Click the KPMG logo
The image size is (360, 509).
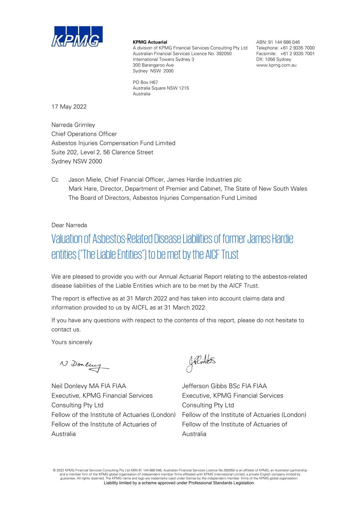click(77, 37)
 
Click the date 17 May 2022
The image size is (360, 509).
click(69, 107)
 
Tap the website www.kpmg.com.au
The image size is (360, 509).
click(276, 65)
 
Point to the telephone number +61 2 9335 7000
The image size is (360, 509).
click(297, 48)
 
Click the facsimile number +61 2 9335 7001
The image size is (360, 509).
click(297, 54)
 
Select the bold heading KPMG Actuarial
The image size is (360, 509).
click(150, 42)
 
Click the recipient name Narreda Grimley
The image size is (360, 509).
click(73, 125)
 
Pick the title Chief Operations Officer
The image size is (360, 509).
click(84, 134)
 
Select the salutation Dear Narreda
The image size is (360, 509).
click(69, 225)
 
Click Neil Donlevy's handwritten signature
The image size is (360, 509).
click(84, 364)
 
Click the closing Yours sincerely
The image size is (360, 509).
click(72, 342)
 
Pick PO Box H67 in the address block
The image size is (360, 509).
click(145, 82)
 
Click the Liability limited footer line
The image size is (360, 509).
click(179, 483)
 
